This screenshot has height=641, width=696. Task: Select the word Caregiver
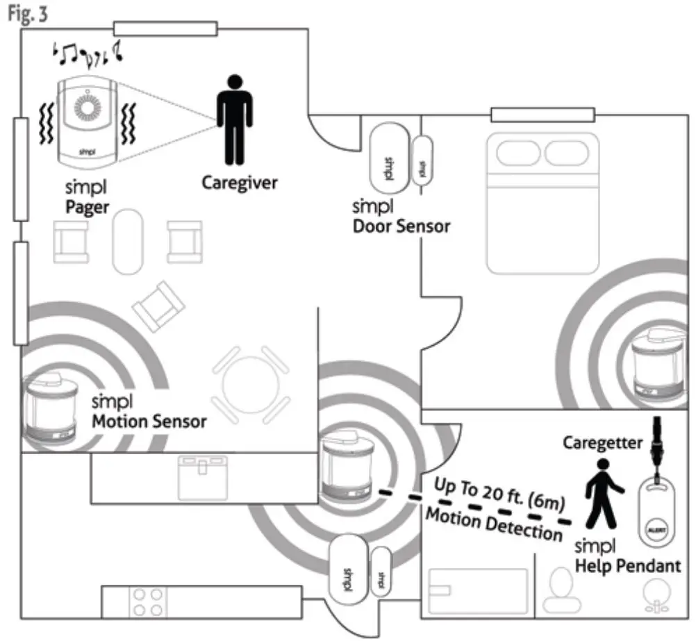[x=239, y=183]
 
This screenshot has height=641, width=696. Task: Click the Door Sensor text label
[x=401, y=226]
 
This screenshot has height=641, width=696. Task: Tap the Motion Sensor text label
[x=149, y=420]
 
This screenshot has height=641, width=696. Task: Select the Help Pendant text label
[x=628, y=566]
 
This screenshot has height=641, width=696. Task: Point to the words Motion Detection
[x=493, y=524]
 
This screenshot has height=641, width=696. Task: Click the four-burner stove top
[x=147, y=602]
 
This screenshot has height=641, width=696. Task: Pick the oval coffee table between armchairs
[x=128, y=242]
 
